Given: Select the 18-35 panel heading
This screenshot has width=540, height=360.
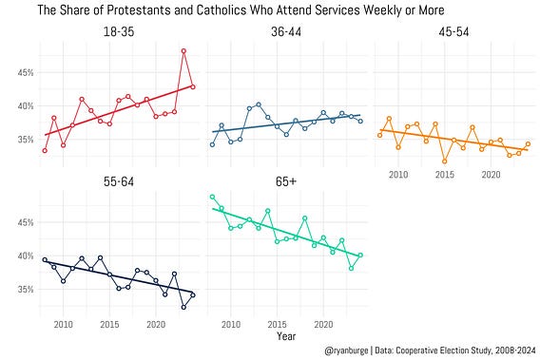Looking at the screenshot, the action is click(x=119, y=32).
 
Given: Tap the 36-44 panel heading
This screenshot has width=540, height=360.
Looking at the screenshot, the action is click(x=286, y=32).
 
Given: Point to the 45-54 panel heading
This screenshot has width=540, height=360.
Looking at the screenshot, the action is click(x=453, y=32).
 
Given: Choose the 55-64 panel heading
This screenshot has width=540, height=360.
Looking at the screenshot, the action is click(x=119, y=181).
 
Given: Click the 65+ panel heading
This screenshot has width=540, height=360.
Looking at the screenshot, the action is click(x=286, y=181).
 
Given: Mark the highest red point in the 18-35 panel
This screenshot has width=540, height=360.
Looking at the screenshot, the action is click(x=183, y=51).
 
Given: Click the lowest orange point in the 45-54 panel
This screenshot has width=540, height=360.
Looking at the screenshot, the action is click(x=445, y=161).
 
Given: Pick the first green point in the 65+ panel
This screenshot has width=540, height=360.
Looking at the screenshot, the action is click(x=213, y=197).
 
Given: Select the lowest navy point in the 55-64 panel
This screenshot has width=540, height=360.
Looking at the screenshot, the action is click(x=183, y=307).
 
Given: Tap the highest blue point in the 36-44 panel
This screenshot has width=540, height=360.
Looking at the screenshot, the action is click(x=259, y=104).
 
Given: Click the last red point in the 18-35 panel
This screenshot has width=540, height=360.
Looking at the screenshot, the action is click(x=193, y=87).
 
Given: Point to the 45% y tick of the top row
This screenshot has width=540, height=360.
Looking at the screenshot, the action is click(x=26, y=72).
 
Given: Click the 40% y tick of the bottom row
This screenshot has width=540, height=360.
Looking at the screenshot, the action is click(x=26, y=256).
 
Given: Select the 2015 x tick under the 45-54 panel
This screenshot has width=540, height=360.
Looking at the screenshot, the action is click(x=445, y=175).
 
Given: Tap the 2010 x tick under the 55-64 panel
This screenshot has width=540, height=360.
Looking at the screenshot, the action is click(x=64, y=324).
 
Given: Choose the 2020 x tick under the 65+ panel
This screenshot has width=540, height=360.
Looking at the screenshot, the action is click(x=323, y=324).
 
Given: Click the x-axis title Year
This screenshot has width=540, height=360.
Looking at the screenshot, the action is click(x=286, y=336).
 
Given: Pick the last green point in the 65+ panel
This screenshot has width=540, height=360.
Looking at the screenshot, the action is click(x=360, y=255).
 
